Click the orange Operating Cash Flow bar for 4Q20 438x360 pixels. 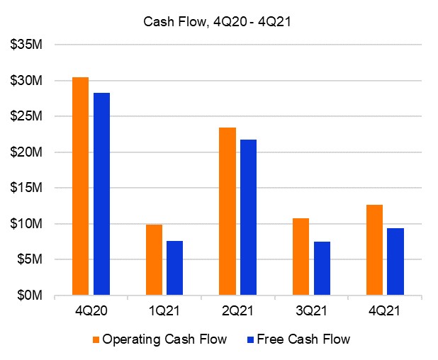(80, 186)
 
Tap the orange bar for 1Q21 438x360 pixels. (154, 259)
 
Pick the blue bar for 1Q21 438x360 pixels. (175, 268)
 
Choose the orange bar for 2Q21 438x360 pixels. (228, 211)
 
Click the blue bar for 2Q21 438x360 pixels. (248, 217)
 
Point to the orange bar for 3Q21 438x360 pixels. (301, 257)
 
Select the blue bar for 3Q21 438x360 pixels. (322, 268)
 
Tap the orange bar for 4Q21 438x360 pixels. (374, 249)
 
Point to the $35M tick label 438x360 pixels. (27, 45)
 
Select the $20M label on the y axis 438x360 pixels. (27, 152)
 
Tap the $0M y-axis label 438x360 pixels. (30, 296)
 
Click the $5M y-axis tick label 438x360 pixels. (30, 259)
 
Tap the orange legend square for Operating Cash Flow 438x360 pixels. (96, 339)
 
